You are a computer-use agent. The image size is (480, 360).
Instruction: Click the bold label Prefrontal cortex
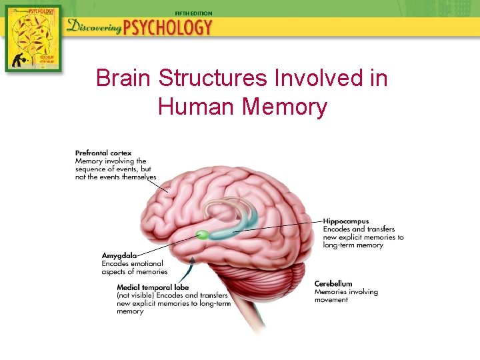tap(103, 153)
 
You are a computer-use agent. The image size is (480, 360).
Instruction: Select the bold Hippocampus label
tap(346, 221)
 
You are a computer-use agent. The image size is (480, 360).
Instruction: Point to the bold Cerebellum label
tap(333, 284)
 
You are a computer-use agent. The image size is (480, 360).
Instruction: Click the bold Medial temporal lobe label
tap(149, 287)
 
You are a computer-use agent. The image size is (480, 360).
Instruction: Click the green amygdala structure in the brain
tap(201, 234)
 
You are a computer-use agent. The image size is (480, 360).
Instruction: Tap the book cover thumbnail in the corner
tap(33, 38)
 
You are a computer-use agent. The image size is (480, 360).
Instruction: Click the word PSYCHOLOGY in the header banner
tap(172, 28)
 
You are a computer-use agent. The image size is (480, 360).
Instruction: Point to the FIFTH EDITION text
tap(193, 13)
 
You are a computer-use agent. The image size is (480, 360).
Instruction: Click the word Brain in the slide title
tap(123, 79)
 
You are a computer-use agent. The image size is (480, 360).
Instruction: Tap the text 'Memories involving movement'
tap(345, 296)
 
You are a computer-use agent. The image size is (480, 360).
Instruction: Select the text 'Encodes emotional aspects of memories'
tap(133, 268)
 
